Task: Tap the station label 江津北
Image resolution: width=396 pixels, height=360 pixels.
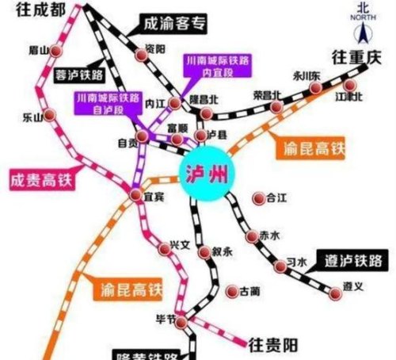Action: (349, 97)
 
